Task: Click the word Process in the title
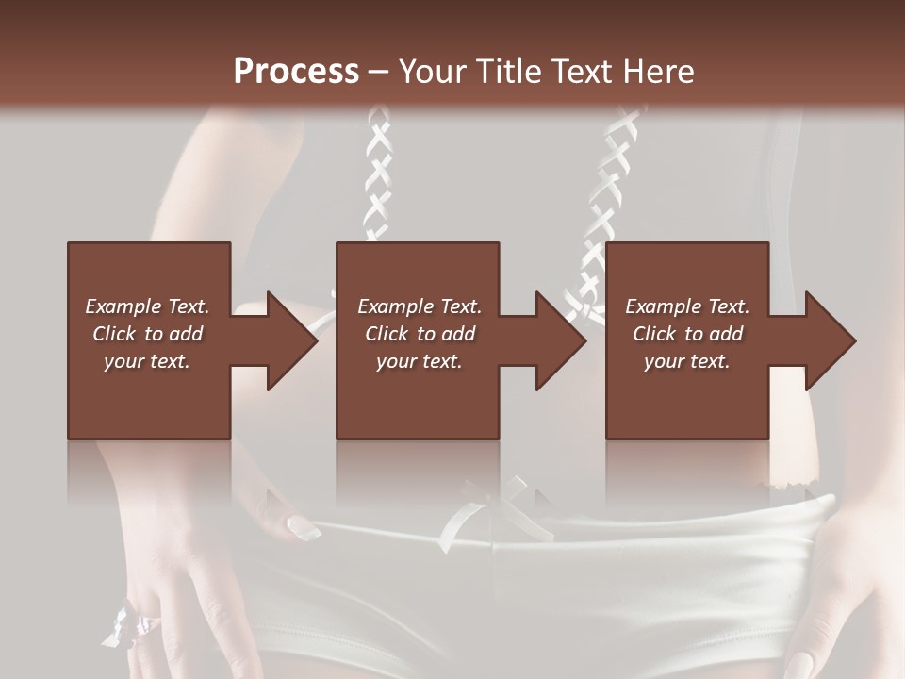(296, 72)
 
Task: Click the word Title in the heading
(507, 72)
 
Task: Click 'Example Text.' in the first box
(147, 306)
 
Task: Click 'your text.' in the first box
(147, 361)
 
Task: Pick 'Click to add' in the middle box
(420, 334)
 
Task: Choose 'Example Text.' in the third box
(687, 306)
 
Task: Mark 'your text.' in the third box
(687, 361)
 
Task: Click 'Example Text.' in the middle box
(420, 306)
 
